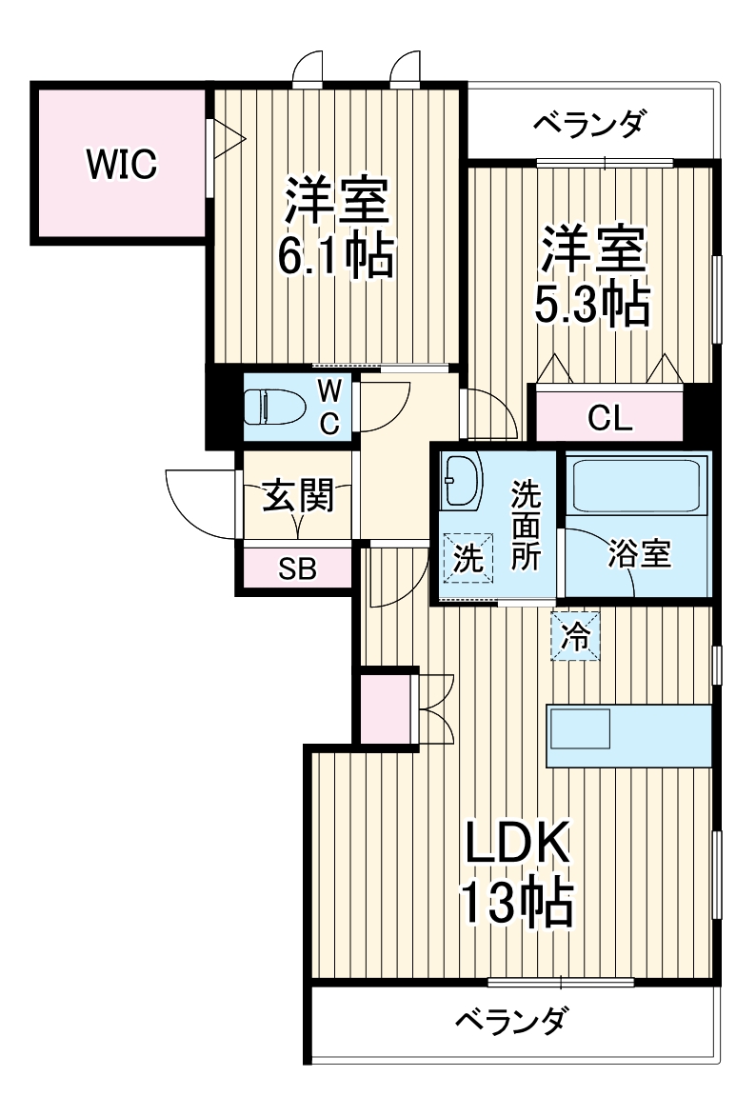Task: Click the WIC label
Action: click(x=121, y=165)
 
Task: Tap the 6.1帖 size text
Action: click(x=335, y=254)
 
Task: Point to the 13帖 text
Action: click(x=516, y=904)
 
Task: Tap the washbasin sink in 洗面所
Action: click(x=464, y=481)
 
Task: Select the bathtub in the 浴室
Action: click(x=637, y=487)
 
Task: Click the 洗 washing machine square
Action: click(x=468, y=557)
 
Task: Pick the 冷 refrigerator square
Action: click(x=575, y=635)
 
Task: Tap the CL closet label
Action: click(x=610, y=418)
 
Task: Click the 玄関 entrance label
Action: click(x=298, y=496)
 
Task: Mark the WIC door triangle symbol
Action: click(x=229, y=139)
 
